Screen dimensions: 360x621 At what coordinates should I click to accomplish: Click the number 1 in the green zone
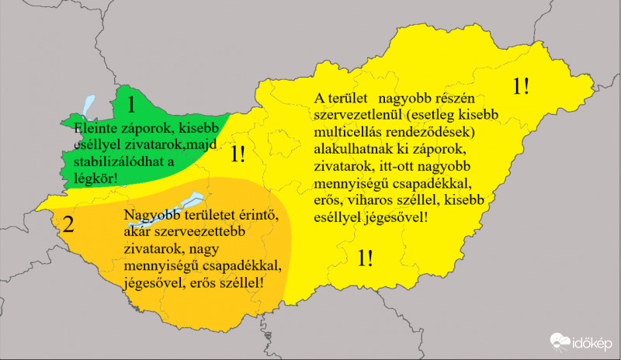[x=132, y=103]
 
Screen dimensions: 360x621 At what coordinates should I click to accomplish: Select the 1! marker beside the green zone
[x=238, y=155]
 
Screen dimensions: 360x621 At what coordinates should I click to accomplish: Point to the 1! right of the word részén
[x=522, y=86]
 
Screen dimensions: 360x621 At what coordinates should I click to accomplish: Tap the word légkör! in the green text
[x=100, y=179]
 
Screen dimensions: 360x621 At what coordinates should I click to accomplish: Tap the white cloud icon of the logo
[x=561, y=341]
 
